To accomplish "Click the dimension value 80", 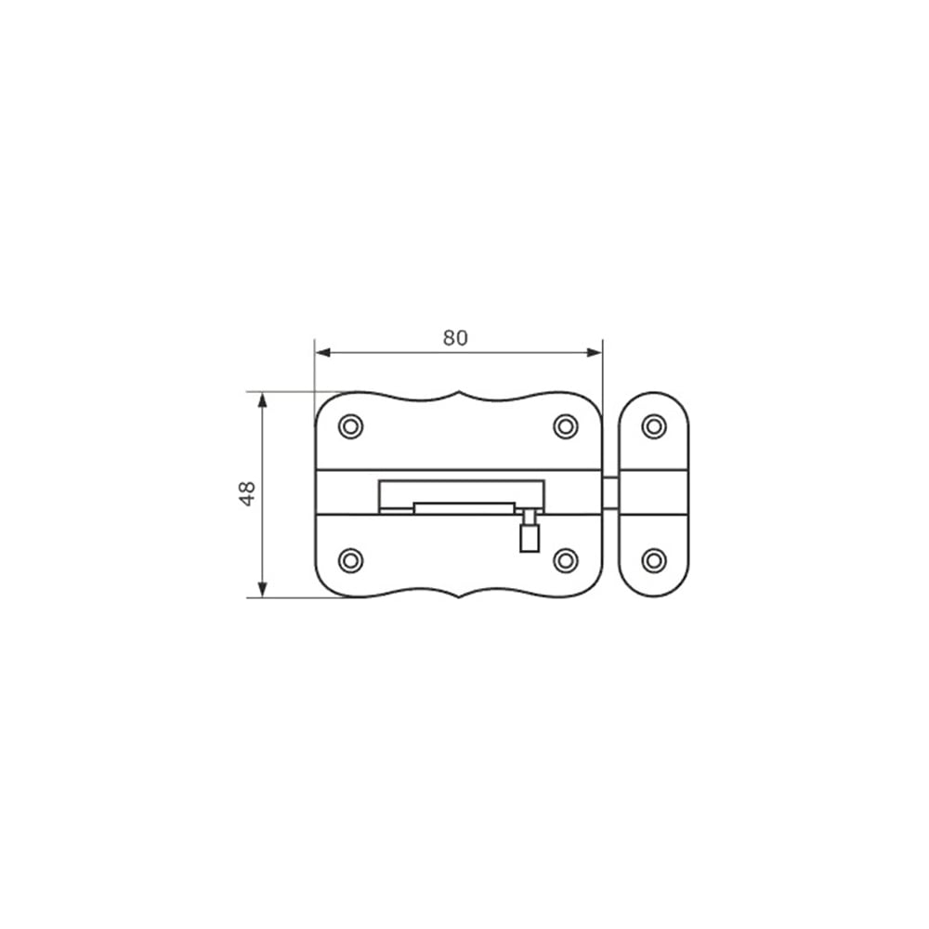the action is click(455, 338).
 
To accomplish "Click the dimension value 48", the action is click(247, 493).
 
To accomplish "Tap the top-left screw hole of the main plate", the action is click(351, 426).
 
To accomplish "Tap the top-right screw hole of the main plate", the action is click(566, 426).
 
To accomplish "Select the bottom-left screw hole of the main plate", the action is click(351, 560).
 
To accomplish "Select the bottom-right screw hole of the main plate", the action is click(566, 560).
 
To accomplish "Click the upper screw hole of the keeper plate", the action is click(654, 426).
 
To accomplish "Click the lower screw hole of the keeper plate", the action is click(654, 560).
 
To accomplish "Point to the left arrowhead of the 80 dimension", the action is click(323, 353).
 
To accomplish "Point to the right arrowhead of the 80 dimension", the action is click(595, 353).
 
